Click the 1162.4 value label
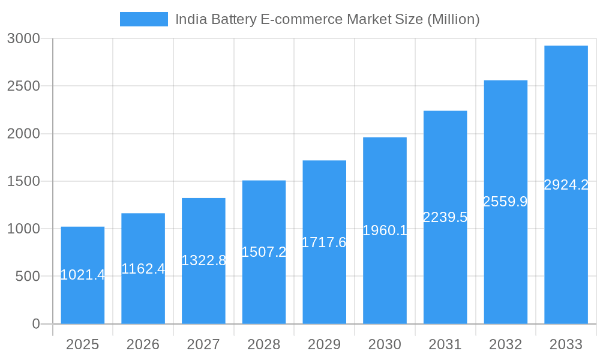point(143,269)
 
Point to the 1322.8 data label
point(203,260)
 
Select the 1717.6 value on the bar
point(324,242)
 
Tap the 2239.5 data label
point(445,217)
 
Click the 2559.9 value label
point(505,202)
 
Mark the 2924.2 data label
point(566,185)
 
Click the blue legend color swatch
point(144,19)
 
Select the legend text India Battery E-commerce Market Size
point(327,19)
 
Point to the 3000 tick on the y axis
point(23,38)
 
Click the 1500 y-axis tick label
point(23,181)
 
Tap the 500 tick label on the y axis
point(28,277)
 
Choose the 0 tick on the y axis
point(35,324)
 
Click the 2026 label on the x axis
point(143,344)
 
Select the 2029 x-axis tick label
point(324,344)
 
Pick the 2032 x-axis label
point(505,344)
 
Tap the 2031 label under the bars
point(445,344)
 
